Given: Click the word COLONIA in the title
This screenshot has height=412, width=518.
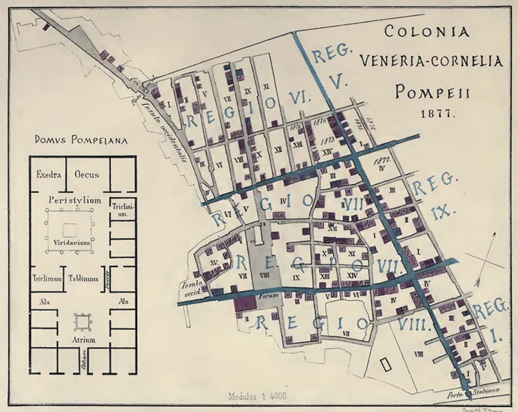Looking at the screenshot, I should [x=426, y=31].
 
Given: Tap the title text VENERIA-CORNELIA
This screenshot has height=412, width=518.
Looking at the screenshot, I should [x=431, y=61].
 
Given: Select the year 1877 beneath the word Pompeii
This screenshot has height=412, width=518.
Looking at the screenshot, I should [x=439, y=114].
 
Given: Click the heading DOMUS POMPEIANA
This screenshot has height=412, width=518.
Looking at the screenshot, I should [x=81, y=140].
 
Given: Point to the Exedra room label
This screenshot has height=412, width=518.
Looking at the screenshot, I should [x=49, y=175].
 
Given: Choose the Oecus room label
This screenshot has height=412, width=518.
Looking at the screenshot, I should [x=87, y=175].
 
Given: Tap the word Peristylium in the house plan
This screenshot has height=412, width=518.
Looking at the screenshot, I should [x=75, y=200].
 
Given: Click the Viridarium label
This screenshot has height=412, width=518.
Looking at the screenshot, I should [x=72, y=242].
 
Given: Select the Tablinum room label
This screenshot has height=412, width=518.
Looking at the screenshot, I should [x=83, y=278].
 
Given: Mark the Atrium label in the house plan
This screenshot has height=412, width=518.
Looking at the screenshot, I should [x=83, y=340].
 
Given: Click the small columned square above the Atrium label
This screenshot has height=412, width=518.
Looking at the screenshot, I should [x=82, y=321].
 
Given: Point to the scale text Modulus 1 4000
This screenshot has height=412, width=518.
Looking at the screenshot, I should [x=257, y=396].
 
